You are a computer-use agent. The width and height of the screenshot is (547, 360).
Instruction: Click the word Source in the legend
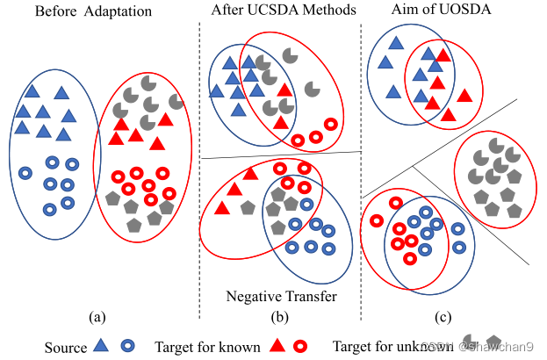coord(66,347)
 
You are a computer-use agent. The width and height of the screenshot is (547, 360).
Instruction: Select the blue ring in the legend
coord(127,346)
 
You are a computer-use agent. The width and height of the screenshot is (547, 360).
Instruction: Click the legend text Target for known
coord(207,347)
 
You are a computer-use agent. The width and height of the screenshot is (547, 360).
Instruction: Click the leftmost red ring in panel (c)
coord(377,221)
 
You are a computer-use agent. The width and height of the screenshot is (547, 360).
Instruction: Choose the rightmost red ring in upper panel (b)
coord(331,124)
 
